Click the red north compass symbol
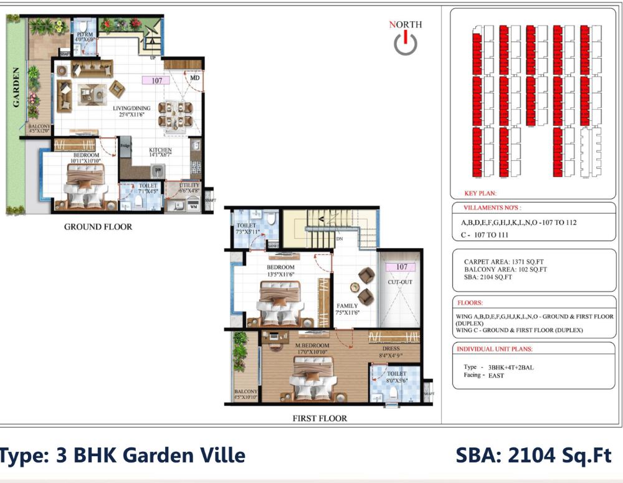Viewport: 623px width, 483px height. pyautogui.click(x=406, y=42)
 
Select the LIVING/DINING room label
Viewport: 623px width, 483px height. pyautogui.click(x=131, y=111)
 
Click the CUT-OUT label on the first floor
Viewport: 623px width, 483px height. pyautogui.click(x=401, y=282)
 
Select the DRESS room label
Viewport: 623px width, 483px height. pyautogui.click(x=391, y=351)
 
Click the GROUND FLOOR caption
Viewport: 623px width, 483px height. pyautogui.click(x=98, y=227)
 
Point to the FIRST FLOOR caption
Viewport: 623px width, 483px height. pyautogui.click(x=320, y=418)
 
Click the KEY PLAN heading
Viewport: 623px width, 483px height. pyautogui.click(x=480, y=194)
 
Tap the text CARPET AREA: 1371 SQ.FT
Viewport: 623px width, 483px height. pyautogui.click(x=505, y=262)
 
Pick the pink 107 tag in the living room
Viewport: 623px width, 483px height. pyautogui.click(x=156, y=80)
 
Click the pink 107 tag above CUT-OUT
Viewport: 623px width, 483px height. pyautogui.click(x=401, y=267)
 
